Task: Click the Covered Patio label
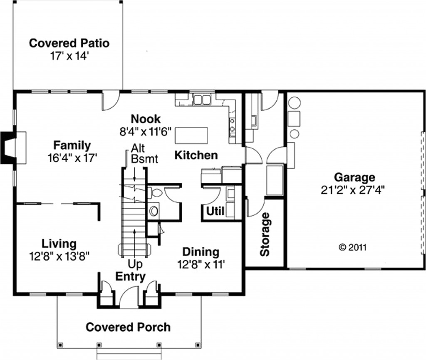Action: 69,43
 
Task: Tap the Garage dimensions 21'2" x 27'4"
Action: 352,190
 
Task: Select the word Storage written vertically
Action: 265,234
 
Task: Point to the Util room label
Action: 215,211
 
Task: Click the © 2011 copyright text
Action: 352,247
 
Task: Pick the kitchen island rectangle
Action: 191,135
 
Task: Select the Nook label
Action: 146,119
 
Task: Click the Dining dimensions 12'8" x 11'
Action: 201,264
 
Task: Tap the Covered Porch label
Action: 128,327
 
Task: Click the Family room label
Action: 72,145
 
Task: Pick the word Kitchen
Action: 196,155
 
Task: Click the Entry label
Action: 130,276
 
